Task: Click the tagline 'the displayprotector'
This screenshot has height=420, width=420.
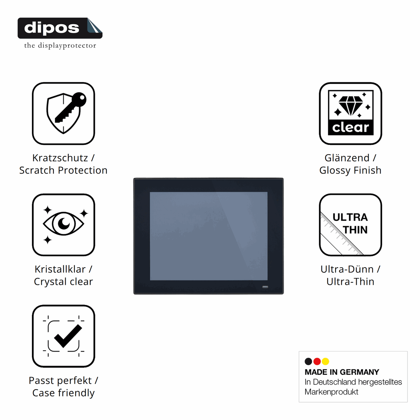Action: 60,46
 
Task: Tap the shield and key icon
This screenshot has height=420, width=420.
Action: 66,113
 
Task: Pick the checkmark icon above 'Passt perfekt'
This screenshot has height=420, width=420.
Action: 64,336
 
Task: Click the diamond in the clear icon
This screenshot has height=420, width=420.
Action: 351,106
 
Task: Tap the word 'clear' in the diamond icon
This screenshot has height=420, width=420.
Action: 351,128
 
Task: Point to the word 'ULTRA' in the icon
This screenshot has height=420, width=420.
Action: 350,217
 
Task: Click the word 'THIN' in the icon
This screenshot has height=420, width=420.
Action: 355,230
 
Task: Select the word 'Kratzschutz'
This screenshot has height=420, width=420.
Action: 60,158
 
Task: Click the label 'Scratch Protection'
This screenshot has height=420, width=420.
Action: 63,170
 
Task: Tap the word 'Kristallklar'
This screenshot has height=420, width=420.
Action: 60,269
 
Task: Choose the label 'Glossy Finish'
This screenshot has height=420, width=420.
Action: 350,170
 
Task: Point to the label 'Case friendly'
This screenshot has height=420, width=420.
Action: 63,393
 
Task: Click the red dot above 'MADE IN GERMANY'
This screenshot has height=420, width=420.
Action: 317,361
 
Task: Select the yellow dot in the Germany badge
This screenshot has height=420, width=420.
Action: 326,361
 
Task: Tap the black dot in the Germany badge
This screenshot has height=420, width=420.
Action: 308,361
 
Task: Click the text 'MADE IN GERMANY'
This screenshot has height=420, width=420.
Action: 342,372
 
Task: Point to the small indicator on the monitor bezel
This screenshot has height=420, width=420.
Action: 265,287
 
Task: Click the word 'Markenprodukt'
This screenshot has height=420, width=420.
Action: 331,392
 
